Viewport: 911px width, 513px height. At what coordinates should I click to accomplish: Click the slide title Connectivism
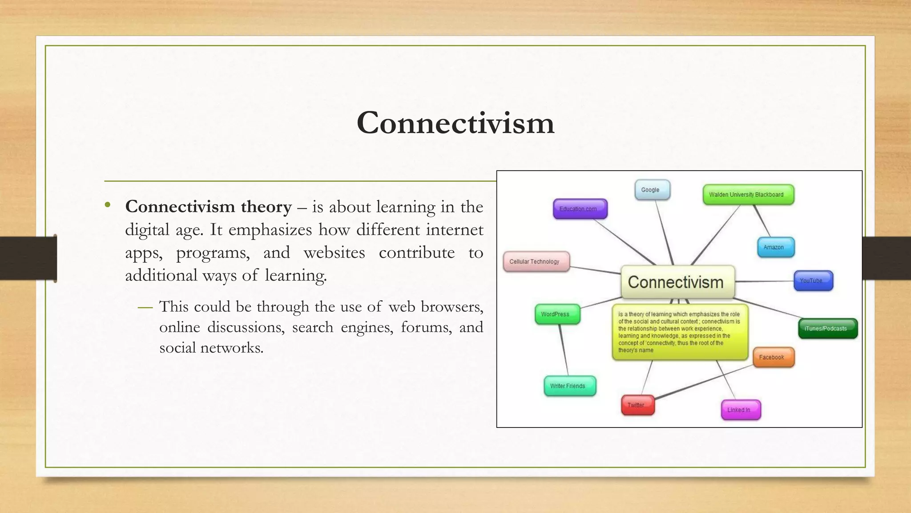coord(455,123)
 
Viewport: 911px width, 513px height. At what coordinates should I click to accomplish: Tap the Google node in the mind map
coord(652,190)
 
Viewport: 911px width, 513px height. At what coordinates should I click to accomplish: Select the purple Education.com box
coord(580,209)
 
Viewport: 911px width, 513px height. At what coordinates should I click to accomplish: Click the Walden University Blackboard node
coord(748,195)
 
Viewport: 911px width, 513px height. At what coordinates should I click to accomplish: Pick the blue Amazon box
coord(775,247)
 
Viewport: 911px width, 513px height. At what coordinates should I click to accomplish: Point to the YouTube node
coord(813,281)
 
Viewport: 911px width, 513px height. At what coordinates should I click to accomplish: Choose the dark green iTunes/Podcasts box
coord(827,329)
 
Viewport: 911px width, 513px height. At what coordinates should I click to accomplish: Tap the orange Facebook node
coord(773,357)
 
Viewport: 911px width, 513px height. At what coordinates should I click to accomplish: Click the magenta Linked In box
coord(740,410)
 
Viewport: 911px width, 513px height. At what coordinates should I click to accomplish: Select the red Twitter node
coord(637,405)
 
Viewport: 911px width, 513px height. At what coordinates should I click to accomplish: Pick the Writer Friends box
coord(569,386)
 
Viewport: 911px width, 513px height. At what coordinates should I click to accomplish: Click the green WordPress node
coord(557,314)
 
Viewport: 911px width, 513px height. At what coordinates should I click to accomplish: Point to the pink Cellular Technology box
coord(536,261)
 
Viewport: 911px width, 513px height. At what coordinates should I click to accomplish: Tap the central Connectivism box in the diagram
coord(677,282)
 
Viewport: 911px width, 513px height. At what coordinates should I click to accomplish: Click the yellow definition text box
coord(679,332)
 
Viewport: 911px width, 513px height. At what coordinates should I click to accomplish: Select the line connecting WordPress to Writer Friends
coord(564,350)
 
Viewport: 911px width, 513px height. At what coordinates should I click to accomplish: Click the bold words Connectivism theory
coord(208,207)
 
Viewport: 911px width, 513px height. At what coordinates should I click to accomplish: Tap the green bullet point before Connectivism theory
coord(107,205)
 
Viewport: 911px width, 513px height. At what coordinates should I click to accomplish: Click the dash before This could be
coord(145,307)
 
